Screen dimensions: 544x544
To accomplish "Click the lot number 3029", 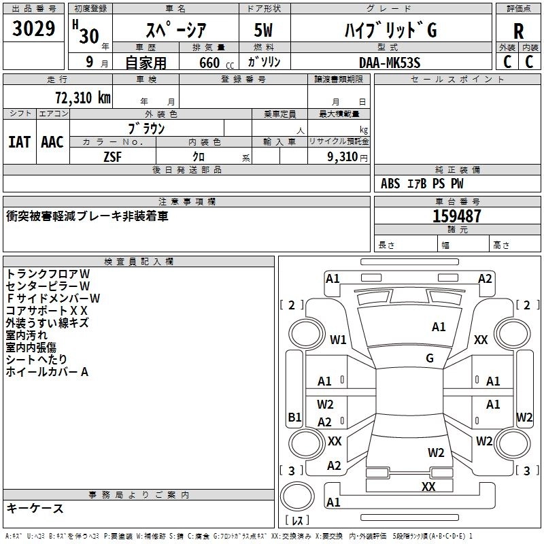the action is [33, 29].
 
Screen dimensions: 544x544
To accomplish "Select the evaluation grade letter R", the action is [518, 31].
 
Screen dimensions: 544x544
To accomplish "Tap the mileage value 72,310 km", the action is [83, 98].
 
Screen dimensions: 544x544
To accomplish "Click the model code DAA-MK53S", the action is [390, 63].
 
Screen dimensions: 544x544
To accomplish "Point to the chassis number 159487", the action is [457, 216].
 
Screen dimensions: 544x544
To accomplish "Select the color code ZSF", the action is [112, 157].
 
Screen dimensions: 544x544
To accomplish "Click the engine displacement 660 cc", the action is [216, 63].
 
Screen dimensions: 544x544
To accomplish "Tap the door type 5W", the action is [263, 30].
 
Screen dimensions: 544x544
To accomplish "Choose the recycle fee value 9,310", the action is [343, 157].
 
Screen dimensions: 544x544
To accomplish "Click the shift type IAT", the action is [19, 142].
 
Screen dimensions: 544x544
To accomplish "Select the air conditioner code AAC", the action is [52, 142].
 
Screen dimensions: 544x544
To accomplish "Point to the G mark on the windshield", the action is [430, 358].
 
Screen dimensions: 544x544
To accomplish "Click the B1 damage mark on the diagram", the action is [294, 417].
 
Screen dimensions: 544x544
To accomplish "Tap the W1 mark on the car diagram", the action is [338, 339].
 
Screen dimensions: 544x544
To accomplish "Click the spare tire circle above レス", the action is [297, 497].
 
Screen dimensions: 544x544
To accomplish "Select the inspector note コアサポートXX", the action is [46, 311].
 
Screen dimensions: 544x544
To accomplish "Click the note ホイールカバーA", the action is [47, 372].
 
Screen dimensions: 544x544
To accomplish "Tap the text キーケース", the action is [35, 509].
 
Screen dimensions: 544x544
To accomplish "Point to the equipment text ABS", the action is [390, 184].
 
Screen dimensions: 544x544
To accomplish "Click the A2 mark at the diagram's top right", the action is [485, 279].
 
